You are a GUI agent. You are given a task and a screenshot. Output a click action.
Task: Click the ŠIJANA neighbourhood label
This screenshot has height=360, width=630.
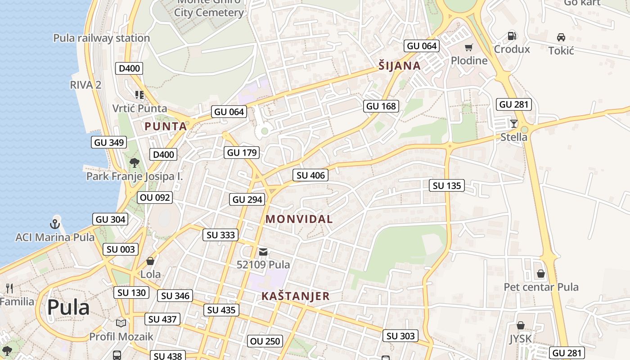point(400,66)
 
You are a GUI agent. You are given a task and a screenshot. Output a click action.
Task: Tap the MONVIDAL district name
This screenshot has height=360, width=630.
point(299,219)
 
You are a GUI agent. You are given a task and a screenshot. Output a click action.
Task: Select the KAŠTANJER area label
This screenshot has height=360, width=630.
point(296,296)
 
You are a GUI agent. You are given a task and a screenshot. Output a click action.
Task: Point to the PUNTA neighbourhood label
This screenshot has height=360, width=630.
point(166,126)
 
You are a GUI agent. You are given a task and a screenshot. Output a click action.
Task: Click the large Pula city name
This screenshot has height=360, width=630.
point(68,307)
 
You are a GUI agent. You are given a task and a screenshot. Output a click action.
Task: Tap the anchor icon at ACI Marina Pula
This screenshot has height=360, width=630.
point(55,224)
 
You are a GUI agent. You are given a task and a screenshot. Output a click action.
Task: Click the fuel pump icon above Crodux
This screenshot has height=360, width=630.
point(512,36)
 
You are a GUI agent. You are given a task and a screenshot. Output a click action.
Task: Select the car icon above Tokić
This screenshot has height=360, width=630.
point(561,37)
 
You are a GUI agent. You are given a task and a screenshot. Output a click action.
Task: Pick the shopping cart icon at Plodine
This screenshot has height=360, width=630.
point(469,47)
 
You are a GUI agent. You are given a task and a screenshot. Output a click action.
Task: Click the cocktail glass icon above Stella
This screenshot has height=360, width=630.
point(513,123)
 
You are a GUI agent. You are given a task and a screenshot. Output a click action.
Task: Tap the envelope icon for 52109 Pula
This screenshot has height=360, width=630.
point(263,252)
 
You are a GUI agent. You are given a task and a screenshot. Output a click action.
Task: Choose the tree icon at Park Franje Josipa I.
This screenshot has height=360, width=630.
point(134,163)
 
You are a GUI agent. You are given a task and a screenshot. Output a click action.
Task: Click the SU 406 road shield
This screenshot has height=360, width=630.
point(310,175)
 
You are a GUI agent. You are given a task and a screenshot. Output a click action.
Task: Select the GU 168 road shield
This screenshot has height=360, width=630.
point(381,106)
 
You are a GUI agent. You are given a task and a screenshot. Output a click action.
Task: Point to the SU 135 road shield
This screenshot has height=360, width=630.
point(446,185)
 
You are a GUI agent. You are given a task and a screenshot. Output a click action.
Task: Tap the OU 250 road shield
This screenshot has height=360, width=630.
point(265,341)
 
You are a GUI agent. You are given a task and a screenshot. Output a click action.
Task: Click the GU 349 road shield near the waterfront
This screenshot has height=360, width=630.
point(109,142)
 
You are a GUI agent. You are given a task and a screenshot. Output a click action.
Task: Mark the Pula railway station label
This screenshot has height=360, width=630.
point(101,38)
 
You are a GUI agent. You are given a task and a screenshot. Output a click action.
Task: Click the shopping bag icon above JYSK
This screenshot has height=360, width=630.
point(520,325)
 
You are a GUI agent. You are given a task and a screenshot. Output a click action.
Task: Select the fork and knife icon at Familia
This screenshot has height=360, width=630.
point(9,288)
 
